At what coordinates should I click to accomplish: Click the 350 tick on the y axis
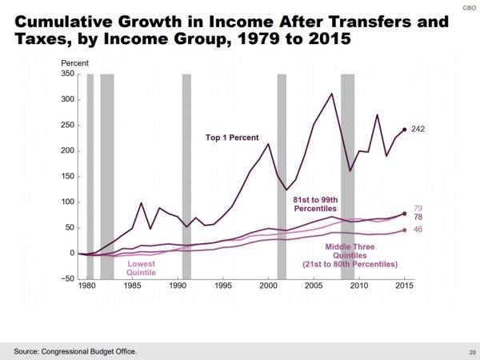point(68,74)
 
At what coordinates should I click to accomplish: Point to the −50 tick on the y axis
point(67,279)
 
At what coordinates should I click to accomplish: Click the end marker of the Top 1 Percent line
point(404,129)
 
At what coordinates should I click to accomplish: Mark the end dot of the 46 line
point(404,230)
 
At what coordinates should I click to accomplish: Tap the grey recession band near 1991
point(186,176)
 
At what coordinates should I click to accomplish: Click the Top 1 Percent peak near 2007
point(331,94)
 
